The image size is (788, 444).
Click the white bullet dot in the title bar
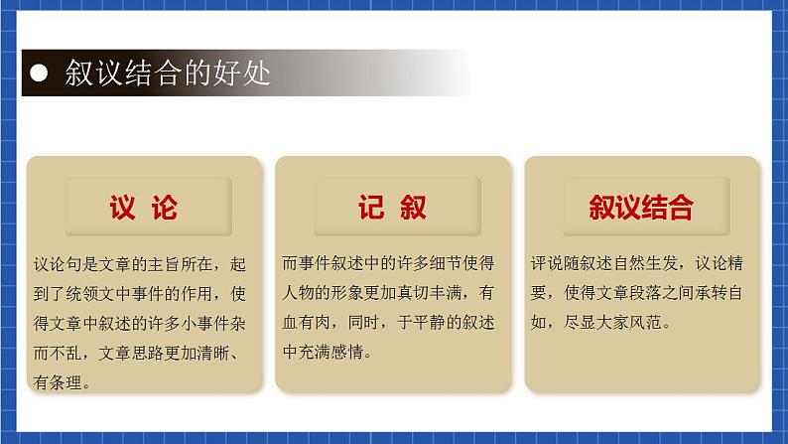pyautogui.click(x=39, y=74)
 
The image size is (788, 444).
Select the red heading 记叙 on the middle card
pyautogui.click(x=393, y=208)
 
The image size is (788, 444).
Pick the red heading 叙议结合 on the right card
pyautogui.click(x=641, y=208)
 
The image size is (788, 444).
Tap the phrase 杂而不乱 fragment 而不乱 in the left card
pyautogui.click(x=64, y=353)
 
